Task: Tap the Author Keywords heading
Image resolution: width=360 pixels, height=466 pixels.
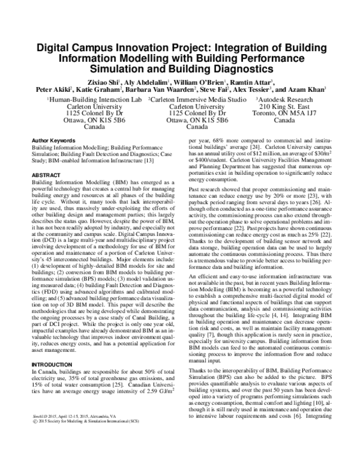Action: coord(54,139)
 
